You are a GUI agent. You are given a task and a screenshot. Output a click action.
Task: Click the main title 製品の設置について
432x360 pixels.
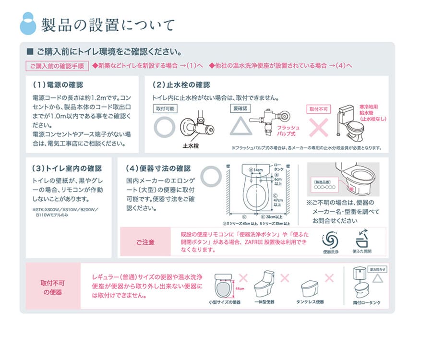tap(108, 24)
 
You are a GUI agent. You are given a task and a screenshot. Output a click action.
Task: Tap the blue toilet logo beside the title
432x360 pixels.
tap(28, 23)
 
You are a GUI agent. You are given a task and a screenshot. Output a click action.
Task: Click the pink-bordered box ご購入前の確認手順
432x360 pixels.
tap(57, 66)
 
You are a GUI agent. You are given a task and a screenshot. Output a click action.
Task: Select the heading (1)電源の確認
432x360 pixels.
tap(58, 85)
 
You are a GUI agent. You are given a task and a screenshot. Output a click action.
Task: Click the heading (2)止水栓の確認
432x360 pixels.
tap(181, 85)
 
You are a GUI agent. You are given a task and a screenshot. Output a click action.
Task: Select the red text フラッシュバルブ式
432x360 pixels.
tap(288, 131)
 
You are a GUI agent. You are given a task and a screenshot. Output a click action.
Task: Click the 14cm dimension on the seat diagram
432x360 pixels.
tap(257, 170)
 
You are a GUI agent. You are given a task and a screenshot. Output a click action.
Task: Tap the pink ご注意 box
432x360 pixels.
tap(145, 242)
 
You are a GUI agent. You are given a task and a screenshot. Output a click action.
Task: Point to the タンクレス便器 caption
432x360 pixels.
tap(310, 302)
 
